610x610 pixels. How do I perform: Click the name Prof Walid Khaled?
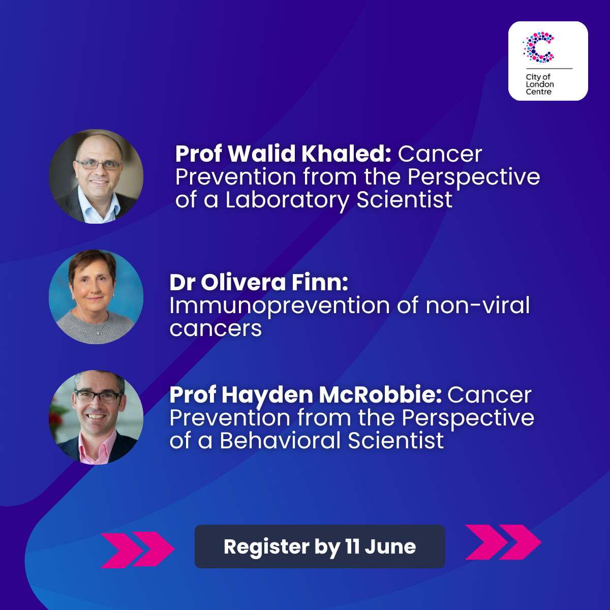tap(283, 154)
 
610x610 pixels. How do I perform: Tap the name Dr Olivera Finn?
tap(259, 282)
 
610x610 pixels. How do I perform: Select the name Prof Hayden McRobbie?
tap(306, 395)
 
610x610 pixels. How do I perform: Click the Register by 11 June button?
tap(320, 546)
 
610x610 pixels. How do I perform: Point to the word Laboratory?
tap(287, 200)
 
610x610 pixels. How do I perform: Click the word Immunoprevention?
tap(280, 306)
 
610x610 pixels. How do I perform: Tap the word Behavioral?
tap(280, 440)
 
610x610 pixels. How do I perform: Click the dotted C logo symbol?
tap(538, 47)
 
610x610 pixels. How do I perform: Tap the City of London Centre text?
tap(540, 84)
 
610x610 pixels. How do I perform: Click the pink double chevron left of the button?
tap(137, 550)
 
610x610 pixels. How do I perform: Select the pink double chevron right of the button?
tap(503, 542)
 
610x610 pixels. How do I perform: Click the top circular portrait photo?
tap(96, 176)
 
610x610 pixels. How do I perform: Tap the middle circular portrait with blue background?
tap(96, 296)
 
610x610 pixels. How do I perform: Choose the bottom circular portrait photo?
tap(96, 417)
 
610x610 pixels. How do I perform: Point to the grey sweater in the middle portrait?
tap(95, 328)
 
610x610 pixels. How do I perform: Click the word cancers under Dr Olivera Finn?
tap(216, 329)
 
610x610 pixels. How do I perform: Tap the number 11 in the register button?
tap(352, 546)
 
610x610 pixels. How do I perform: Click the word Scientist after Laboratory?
tap(404, 200)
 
